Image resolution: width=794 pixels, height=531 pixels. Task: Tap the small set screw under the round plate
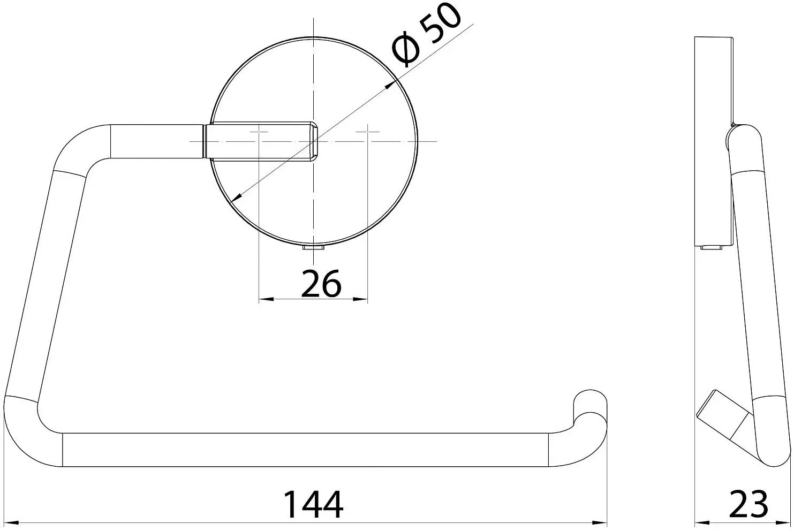point(313,247)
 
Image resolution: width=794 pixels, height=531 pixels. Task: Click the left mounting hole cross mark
point(259,132)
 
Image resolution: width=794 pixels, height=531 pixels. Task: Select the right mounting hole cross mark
point(368,132)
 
